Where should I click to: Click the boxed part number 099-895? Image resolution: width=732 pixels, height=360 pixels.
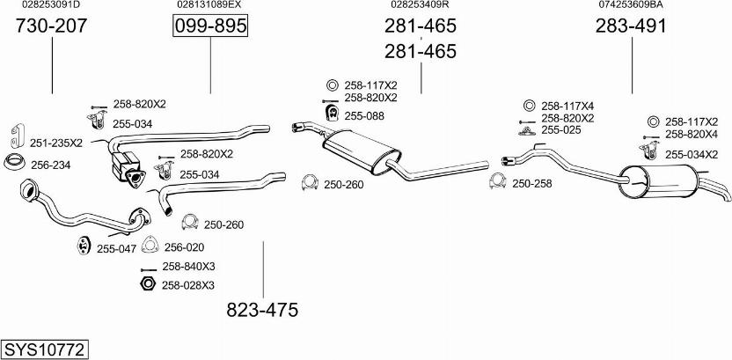(210, 26)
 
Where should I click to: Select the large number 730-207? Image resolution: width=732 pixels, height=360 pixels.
(51, 26)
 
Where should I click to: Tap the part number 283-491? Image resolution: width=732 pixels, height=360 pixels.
(631, 26)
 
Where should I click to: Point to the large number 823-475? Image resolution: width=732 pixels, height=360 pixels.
(262, 310)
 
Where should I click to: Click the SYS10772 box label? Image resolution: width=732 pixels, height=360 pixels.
(45, 349)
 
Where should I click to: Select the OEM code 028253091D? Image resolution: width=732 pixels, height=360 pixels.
(51, 4)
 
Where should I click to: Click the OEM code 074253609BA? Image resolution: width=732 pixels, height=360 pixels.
(631, 4)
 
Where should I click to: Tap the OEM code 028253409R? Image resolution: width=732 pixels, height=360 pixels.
(421, 4)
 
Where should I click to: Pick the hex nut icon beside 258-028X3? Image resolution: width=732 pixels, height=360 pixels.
(148, 284)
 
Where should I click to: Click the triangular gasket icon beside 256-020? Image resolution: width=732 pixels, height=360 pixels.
(150, 246)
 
